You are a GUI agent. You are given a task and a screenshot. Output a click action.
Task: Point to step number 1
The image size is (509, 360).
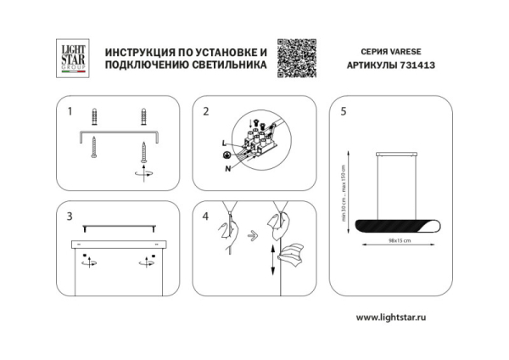(x=70, y=111)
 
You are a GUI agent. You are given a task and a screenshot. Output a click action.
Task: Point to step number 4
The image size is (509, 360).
(x=206, y=217)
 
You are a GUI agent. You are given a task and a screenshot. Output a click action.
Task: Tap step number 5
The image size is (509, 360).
(x=344, y=111)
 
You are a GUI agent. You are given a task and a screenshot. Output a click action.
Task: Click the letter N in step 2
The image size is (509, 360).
(x=228, y=168)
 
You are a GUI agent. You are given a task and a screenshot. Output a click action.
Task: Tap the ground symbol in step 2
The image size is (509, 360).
(x=227, y=156)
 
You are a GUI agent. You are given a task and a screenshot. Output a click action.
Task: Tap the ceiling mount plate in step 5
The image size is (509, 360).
(x=399, y=154)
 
